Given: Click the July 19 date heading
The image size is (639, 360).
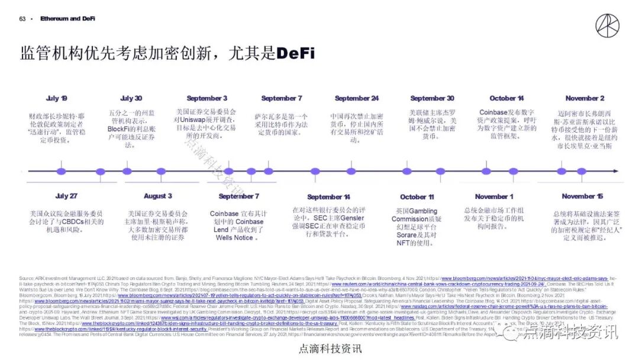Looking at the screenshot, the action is (x=57, y=98).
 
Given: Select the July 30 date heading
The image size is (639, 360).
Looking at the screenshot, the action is (x=131, y=98).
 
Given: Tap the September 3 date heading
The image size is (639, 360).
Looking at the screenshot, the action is (x=207, y=98).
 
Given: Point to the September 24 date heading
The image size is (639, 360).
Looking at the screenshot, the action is (x=356, y=98).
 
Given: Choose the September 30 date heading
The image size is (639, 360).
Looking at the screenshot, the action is (x=432, y=98).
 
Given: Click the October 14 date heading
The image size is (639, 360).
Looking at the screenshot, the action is (x=506, y=98).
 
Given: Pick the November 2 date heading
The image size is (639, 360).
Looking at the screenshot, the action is (x=585, y=98).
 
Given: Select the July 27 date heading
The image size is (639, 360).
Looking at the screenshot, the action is (x=66, y=196).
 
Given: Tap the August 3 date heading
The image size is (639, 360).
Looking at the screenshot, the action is (x=158, y=196).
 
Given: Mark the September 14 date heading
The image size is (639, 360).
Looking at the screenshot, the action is (x=328, y=197).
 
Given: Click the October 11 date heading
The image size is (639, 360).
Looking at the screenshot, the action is (x=417, y=197).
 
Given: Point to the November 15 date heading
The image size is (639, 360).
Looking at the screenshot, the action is (x=582, y=196).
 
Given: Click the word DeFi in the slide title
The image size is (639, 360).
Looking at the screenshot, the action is (x=295, y=53).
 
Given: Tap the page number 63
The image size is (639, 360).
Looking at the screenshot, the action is (x=22, y=19).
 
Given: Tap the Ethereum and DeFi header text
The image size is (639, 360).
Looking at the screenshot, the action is (x=67, y=19).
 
